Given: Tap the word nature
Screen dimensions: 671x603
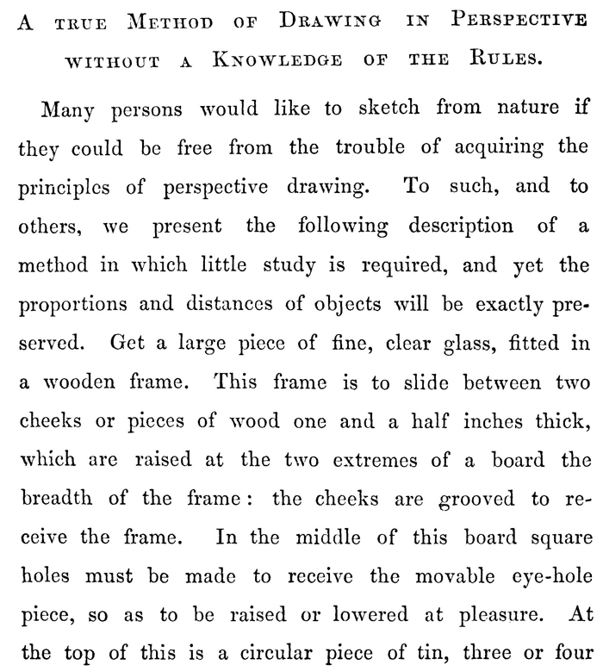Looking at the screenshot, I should coord(515,111).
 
